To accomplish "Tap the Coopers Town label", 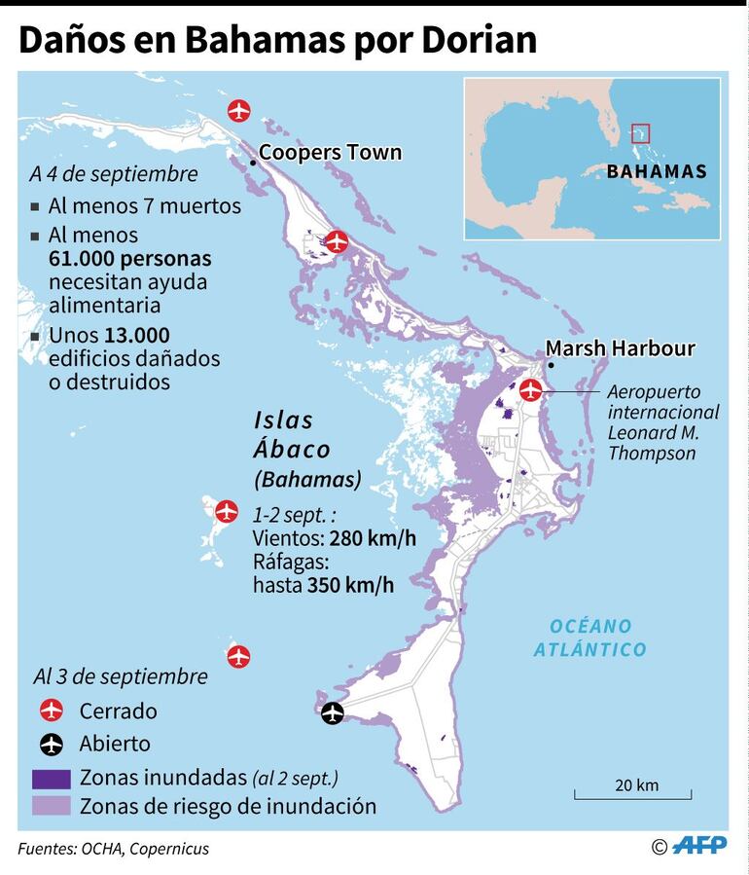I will coord(330,153).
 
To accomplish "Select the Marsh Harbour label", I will coord(620,348).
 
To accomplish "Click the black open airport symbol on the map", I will coord(333,713).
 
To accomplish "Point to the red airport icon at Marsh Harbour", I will coord(530,390).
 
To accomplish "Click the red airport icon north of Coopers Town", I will coord(238,110).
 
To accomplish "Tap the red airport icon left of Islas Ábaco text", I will coord(226,510).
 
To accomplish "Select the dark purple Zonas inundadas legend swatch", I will coord(51,778).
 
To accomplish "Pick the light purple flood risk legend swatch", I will coord(51,806).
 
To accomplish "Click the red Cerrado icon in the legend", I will coord(51,711).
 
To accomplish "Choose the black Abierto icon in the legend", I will coord(51,745).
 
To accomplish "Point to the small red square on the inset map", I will coord(639,131).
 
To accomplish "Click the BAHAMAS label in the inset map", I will coord(656,172).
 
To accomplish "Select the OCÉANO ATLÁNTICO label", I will coord(589,638).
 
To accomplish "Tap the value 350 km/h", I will coord(350,585).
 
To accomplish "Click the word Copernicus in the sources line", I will coord(167,849).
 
